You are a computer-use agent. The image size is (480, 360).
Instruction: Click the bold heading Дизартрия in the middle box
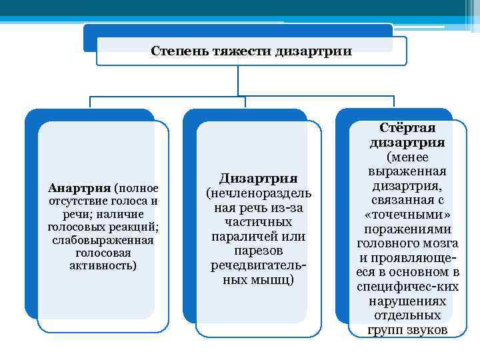(x=258, y=178)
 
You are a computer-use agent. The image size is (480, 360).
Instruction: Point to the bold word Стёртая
(x=407, y=128)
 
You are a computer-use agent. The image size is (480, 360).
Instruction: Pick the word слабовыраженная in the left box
(x=103, y=240)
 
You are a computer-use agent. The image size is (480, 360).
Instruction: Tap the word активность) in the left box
(x=103, y=265)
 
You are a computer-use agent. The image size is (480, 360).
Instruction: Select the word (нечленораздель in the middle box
(x=258, y=193)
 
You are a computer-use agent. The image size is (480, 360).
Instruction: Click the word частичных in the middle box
(x=258, y=222)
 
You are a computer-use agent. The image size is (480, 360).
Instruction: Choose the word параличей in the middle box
(x=242, y=237)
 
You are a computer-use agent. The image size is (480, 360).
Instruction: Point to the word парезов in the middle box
(x=258, y=251)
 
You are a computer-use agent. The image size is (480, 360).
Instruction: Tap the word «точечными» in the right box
(x=407, y=214)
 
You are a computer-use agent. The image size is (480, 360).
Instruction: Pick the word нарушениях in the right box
(x=407, y=301)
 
